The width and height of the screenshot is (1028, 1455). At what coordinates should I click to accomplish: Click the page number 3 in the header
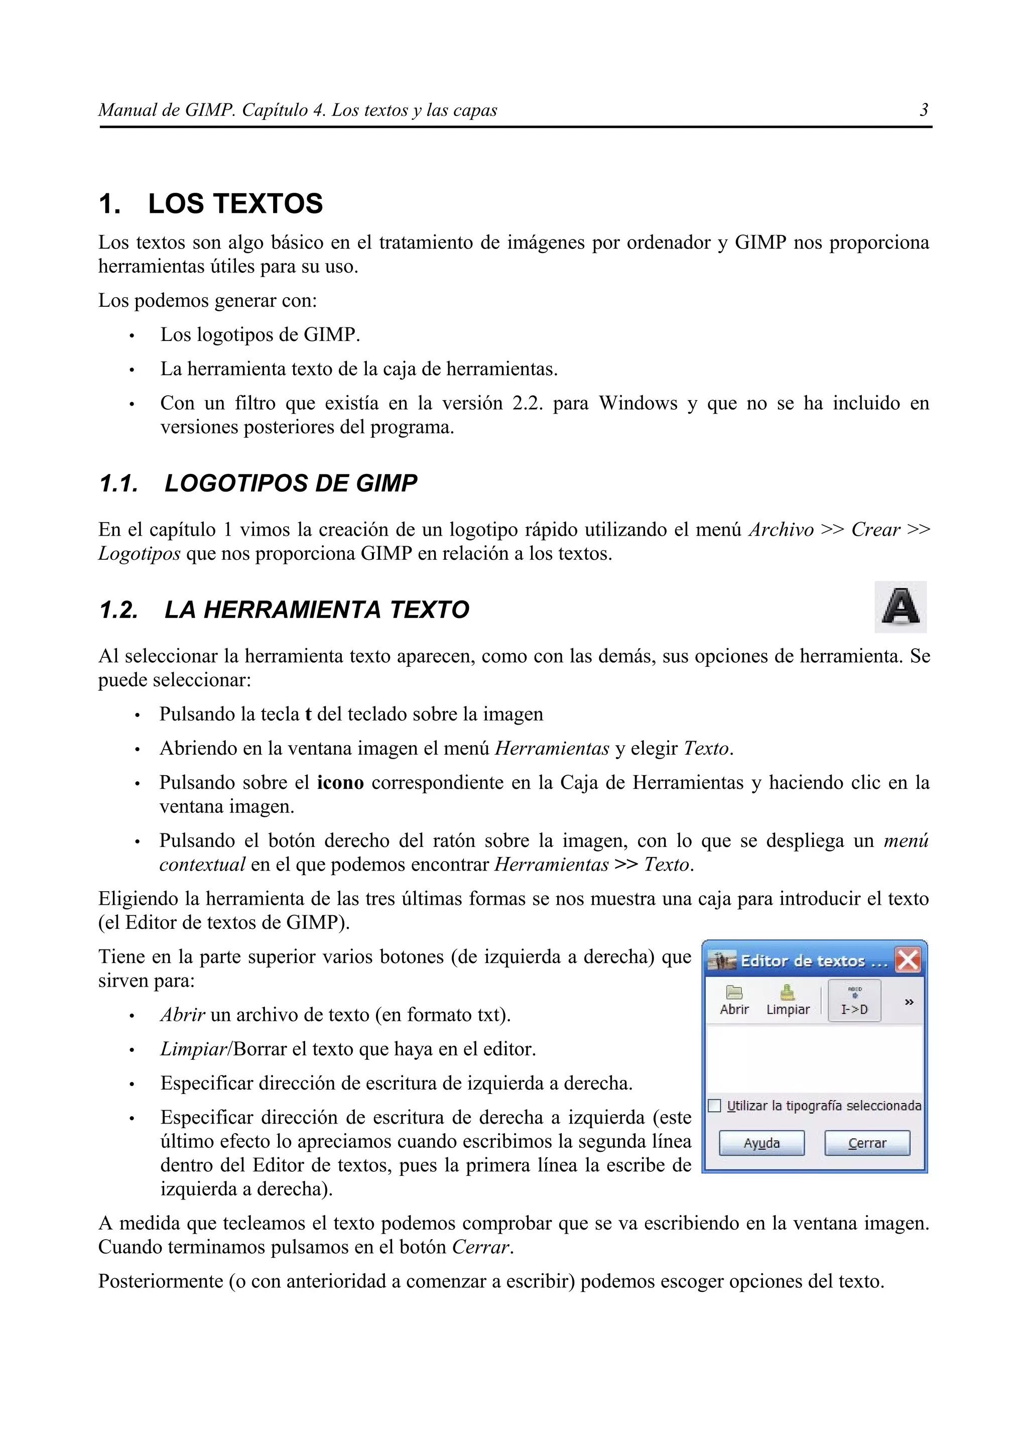pos(924,110)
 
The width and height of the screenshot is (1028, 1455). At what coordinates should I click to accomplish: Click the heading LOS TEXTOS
pos(235,204)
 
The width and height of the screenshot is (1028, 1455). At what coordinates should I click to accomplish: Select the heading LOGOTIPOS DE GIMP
pos(291,483)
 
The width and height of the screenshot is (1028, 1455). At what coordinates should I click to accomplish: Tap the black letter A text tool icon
pos(900,607)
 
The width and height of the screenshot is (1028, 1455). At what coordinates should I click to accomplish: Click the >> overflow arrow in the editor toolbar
pos(909,1002)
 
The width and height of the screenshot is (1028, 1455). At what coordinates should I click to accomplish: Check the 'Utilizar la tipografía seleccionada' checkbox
pos(714,1106)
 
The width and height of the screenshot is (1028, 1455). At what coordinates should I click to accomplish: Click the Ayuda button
pos(761,1143)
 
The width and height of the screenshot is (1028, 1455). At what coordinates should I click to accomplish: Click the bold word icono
pos(340,783)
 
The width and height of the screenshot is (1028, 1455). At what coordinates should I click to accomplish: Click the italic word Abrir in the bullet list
pos(182,1015)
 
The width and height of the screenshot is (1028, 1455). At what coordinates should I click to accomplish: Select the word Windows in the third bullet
pos(638,404)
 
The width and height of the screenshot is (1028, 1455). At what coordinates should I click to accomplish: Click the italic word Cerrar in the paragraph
pos(480,1248)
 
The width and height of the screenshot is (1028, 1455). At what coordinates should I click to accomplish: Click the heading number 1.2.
pos(118,610)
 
